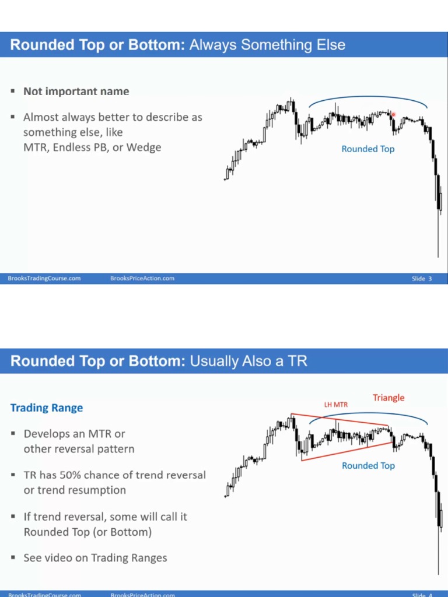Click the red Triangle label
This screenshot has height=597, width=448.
click(388, 398)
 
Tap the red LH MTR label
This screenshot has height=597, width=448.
click(335, 404)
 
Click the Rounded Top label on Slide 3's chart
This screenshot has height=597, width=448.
click(367, 149)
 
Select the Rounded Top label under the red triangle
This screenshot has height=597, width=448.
click(368, 465)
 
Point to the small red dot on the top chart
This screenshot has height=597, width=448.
click(394, 115)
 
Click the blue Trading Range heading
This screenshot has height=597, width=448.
click(47, 408)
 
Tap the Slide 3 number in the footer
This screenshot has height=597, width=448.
click(422, 278)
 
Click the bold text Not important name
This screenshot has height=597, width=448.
click(76, 91)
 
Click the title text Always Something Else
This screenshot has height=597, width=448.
click(267, 44)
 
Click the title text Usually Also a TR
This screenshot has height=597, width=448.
click(248, 361)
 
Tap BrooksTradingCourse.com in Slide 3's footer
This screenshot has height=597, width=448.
click(44, 278)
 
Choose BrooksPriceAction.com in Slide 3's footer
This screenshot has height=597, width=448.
click(142, 278)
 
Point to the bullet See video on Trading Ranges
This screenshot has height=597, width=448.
click(95, 558)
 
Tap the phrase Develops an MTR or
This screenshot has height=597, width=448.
click(74, 434)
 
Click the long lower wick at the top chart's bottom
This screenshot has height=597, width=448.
click(438, 239)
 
